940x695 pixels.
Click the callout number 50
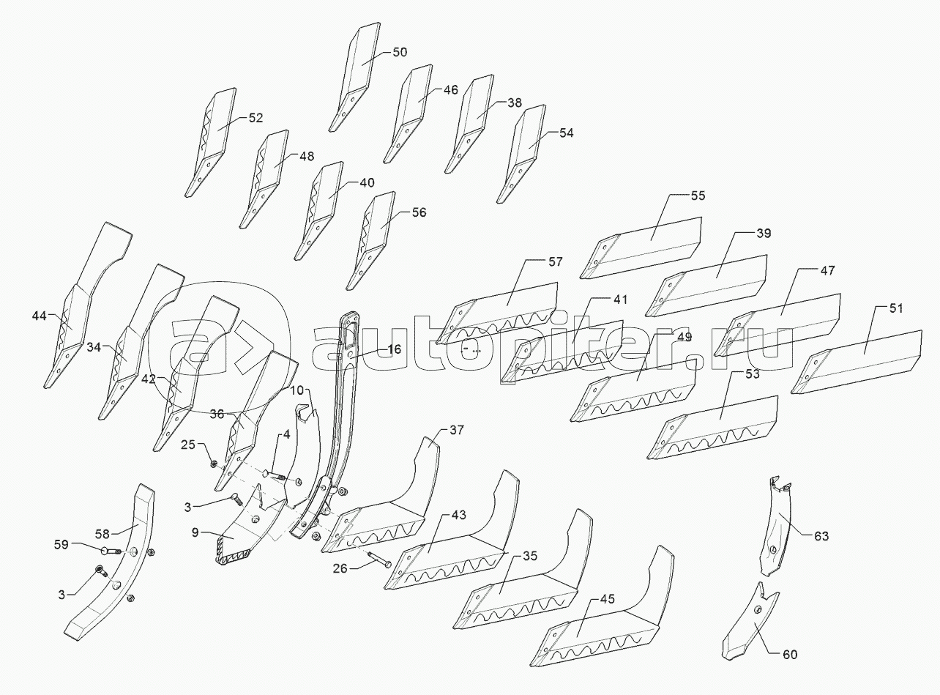(x=400, y=52)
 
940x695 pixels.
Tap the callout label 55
(x=698, y=196)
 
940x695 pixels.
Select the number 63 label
(x=821, y=536)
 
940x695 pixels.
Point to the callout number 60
(x=790, y=654)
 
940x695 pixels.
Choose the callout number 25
(x=188, y=445)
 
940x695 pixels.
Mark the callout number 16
(x=394, y=350)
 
